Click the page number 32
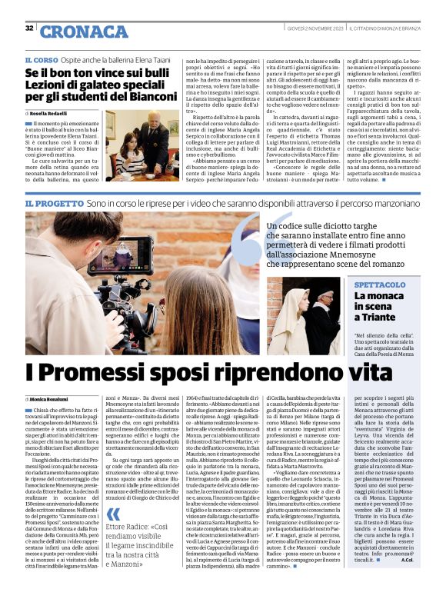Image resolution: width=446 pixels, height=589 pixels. pyautogui.click(x=28, y=28)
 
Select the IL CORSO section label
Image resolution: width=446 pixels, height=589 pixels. pyautogui.click(x=42, y=60)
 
